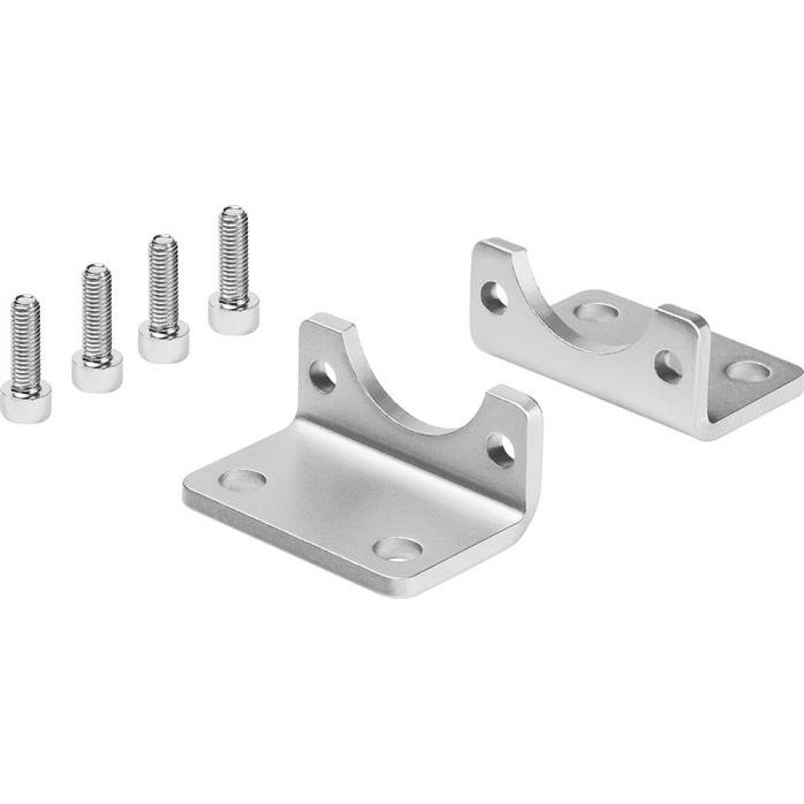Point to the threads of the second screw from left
click(96, 310)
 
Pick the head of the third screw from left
click(163, 340)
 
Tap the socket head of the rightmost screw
click(233, 312)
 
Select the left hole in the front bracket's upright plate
click(324, 375)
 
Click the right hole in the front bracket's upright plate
click(502, 449)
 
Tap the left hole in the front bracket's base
click(244, 481)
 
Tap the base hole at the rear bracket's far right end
click(753, 371)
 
